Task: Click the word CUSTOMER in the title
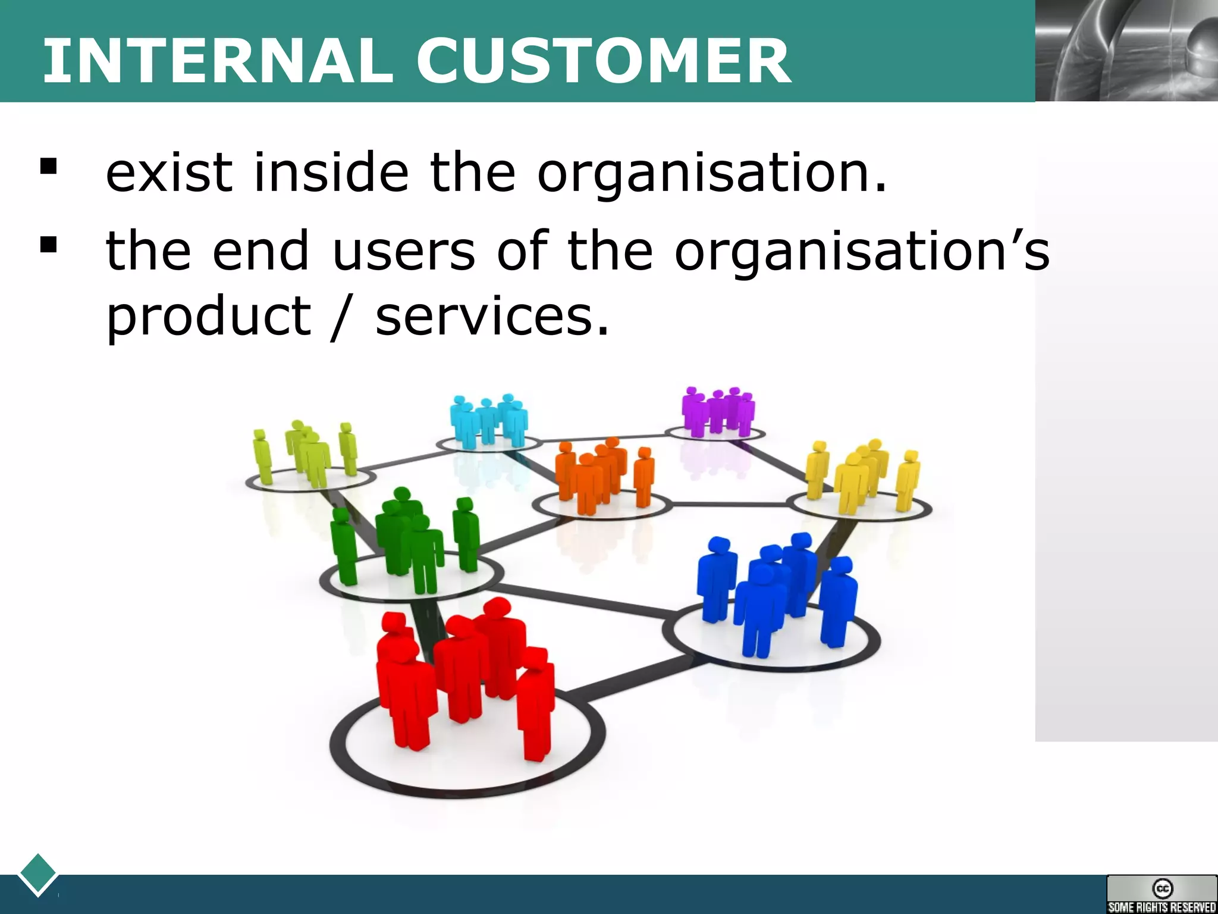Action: pos(603,61)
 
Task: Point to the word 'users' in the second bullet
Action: pos(404,251)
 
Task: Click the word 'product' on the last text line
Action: pos(208,317)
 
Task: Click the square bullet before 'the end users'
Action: pos(48,245)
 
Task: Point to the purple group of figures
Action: pos(717,411)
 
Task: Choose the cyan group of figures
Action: pos(488,420)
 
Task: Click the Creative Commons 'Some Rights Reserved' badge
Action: pos(1162,894)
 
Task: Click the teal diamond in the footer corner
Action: pos(38,873)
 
